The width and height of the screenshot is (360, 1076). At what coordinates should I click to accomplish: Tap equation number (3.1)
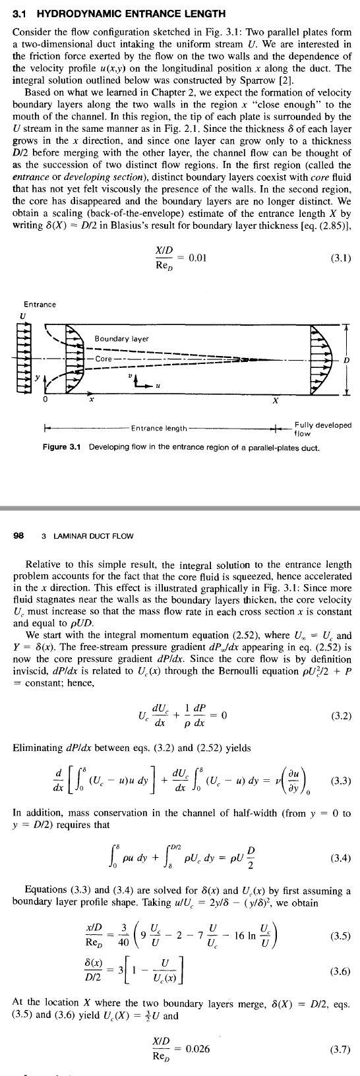(340, 258)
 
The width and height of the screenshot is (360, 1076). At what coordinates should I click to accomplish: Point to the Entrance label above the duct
(40, 304)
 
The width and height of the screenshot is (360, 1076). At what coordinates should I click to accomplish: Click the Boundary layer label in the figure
(121, 339)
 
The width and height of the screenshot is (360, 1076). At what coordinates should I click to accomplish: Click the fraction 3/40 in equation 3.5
(124, 936)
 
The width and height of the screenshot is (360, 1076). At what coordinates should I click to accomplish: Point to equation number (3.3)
(340, 781)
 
